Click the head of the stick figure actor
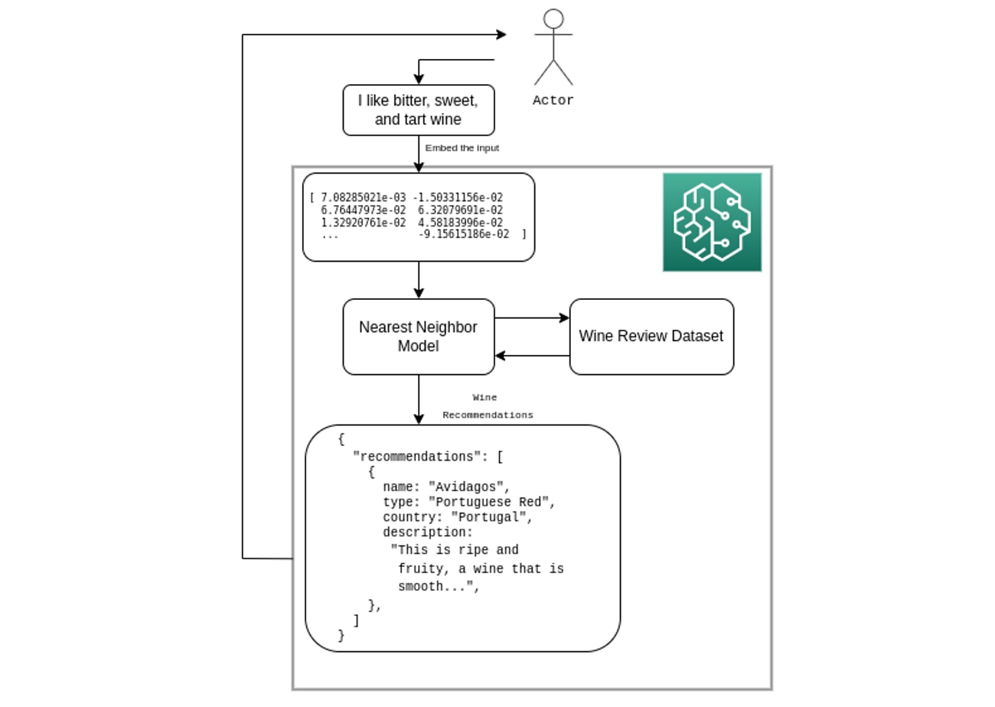click(x=553, y=19)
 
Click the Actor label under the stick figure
click(x=553, y=100)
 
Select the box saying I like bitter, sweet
click(x=418, y=110)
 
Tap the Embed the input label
click(x=462, y=148)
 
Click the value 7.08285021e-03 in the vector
click(x=363, y=197)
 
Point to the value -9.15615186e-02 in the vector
click(x=464, y=235)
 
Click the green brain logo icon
click(x=712, y=222)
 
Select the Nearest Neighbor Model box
click(x=418, y=337)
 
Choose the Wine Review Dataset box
click(x=651, y=337)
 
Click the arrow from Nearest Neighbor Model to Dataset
click(x=532, y=318)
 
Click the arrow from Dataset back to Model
click(x=532, y=356)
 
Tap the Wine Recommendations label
click(x=487, y=406)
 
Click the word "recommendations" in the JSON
click(x=420, y=457)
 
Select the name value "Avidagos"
click(x=468, y=487)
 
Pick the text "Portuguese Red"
click(x=491, y=502)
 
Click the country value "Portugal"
click(x=491, y=517)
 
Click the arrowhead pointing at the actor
click(x=501, y=34)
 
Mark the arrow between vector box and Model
click(x=419, y=280)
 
